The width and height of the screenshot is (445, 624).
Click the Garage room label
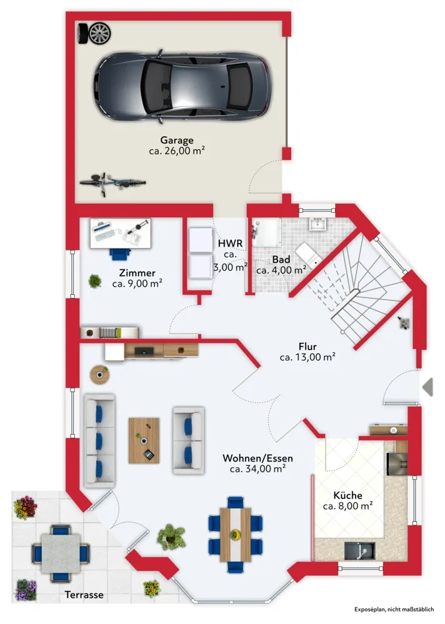pyautogui.click(x=177, y=140)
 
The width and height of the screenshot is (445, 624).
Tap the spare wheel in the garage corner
pyautogui.click(x=95, y=34)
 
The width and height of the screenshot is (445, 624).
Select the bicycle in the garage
pyautogui.click(x=112, y=183)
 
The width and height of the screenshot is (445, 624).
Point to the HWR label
pyautogui.click(x=230, y=243)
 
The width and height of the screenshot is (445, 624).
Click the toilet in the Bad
pyautogui.click(x=309, y=254)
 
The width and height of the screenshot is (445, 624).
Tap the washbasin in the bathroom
pyautogui.click(x=317, y=224)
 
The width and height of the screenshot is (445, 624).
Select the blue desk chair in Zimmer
pyautogui.click(x=120, y=254)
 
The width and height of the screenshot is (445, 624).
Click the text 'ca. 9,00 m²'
pyautogui.click(x=137, y=284)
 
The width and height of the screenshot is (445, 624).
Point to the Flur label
pyautogui.click(x=307, y=347)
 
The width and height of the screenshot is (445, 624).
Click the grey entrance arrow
pyautogui.click(x=427, y=387)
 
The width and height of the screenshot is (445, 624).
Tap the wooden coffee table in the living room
pyautogui.click(x=144, y=440)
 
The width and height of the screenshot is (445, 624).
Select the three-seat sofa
pyautogui.click(x=99, y=441)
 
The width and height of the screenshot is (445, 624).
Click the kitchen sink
pyautogui.click(x=359, y=551)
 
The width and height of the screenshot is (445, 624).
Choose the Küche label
pyautogui.click(x=347, y=495)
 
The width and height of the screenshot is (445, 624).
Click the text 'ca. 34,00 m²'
pyautogui.click(x=257, y=469)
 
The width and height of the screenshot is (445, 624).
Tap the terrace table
pyautogui.click(x=61, y=553)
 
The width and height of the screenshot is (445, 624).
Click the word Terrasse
pyautogui.click(x=84, y=595)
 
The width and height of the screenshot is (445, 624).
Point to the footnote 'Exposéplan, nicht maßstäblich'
pyautogui.click(x=394, y=609)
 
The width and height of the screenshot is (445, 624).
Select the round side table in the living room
pyautogui.click(x=99, y=375)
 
